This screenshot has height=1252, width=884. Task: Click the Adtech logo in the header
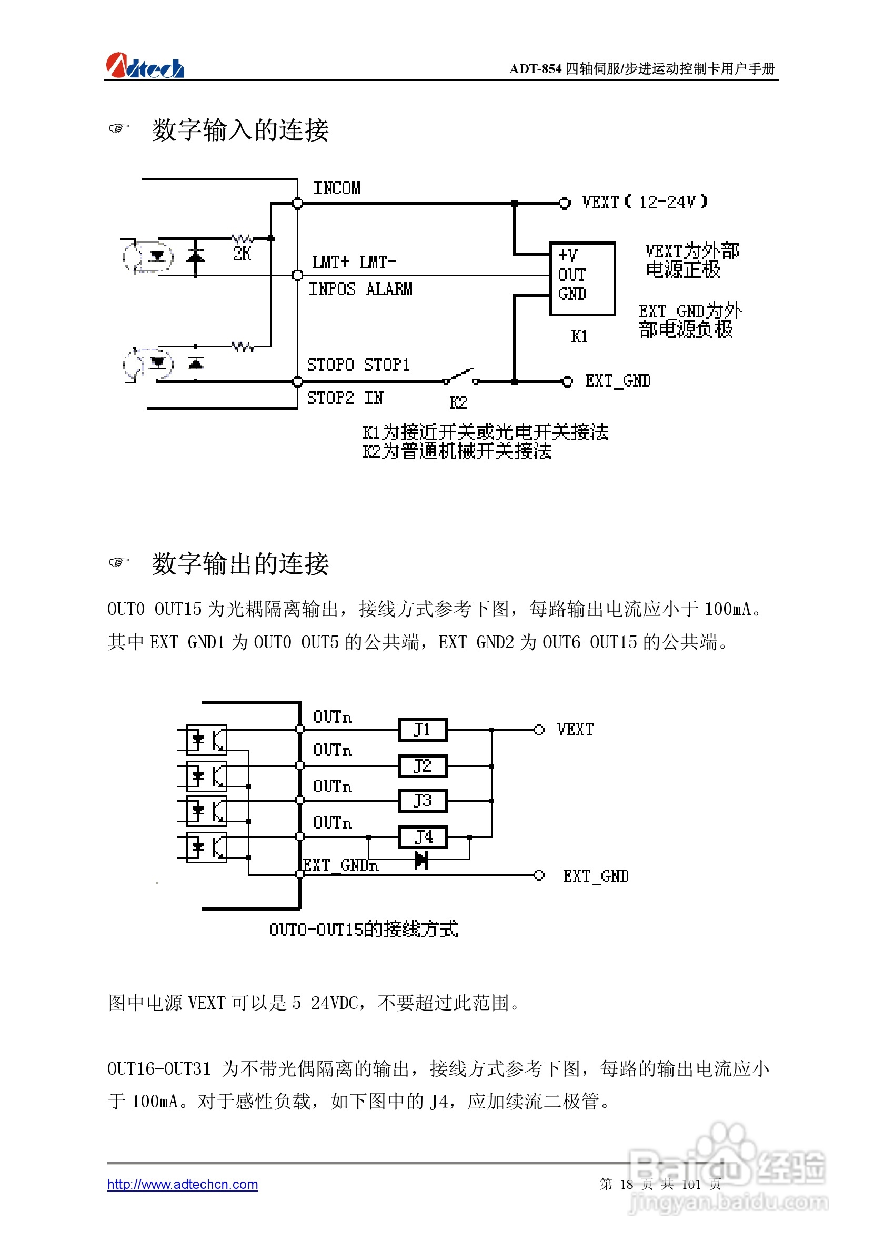(x=145, y=66)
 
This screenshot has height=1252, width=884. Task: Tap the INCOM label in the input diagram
(x=336, y=188)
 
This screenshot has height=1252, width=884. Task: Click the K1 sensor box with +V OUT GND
(x=582, y=278)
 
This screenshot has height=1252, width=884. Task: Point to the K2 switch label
(x=458, y=402)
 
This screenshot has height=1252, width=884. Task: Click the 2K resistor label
(x=242, y=254)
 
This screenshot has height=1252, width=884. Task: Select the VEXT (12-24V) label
(x=644, y=203)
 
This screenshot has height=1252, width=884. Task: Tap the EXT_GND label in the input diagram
(x=617, y=381)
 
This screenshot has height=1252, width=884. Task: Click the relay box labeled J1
(x=423, y=730)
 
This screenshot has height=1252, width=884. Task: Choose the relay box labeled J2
(x=423, y=765)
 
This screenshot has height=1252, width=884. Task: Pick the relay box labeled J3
(x=423, y=801)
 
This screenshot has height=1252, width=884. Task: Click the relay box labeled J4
(x=423, y=836)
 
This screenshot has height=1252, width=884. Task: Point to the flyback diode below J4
(x=421, y=860)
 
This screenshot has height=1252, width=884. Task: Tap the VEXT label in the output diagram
(x=575, y=730)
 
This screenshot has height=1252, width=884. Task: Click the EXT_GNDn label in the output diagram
(x=341, y=865)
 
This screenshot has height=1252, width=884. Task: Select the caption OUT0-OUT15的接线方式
(x=363, y=929)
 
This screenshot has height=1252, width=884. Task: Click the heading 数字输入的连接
(x=240, y=130)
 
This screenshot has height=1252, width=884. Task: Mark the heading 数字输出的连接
(x=240, y=563)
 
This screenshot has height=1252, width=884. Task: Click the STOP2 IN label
(x=345, y=398)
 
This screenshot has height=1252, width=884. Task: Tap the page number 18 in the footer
(x=626, y=1184)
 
